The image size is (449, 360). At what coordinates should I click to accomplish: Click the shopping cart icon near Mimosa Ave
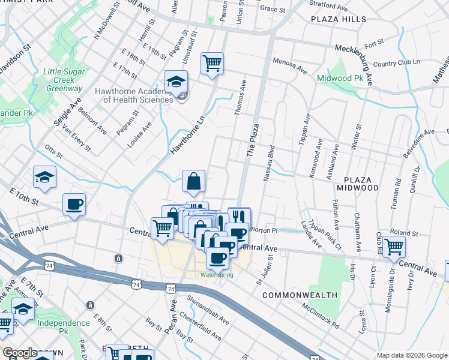coord(212,62)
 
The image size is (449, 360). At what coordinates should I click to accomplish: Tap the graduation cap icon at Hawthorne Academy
coord(176,82)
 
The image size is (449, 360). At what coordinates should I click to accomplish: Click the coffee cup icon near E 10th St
coord(74,205)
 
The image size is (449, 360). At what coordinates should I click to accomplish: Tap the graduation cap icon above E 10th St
coord(44,177)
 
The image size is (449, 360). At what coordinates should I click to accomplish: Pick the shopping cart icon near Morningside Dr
coord(394,246)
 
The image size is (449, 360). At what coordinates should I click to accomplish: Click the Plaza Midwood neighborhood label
coord(361,184)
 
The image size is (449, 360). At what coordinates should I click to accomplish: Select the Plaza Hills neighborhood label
coord(338,19)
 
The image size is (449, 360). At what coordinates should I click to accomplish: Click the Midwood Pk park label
coord(340,78)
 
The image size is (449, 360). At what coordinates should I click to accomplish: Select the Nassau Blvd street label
coord(268,163)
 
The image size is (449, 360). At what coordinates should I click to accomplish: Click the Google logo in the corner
coord(20,353)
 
